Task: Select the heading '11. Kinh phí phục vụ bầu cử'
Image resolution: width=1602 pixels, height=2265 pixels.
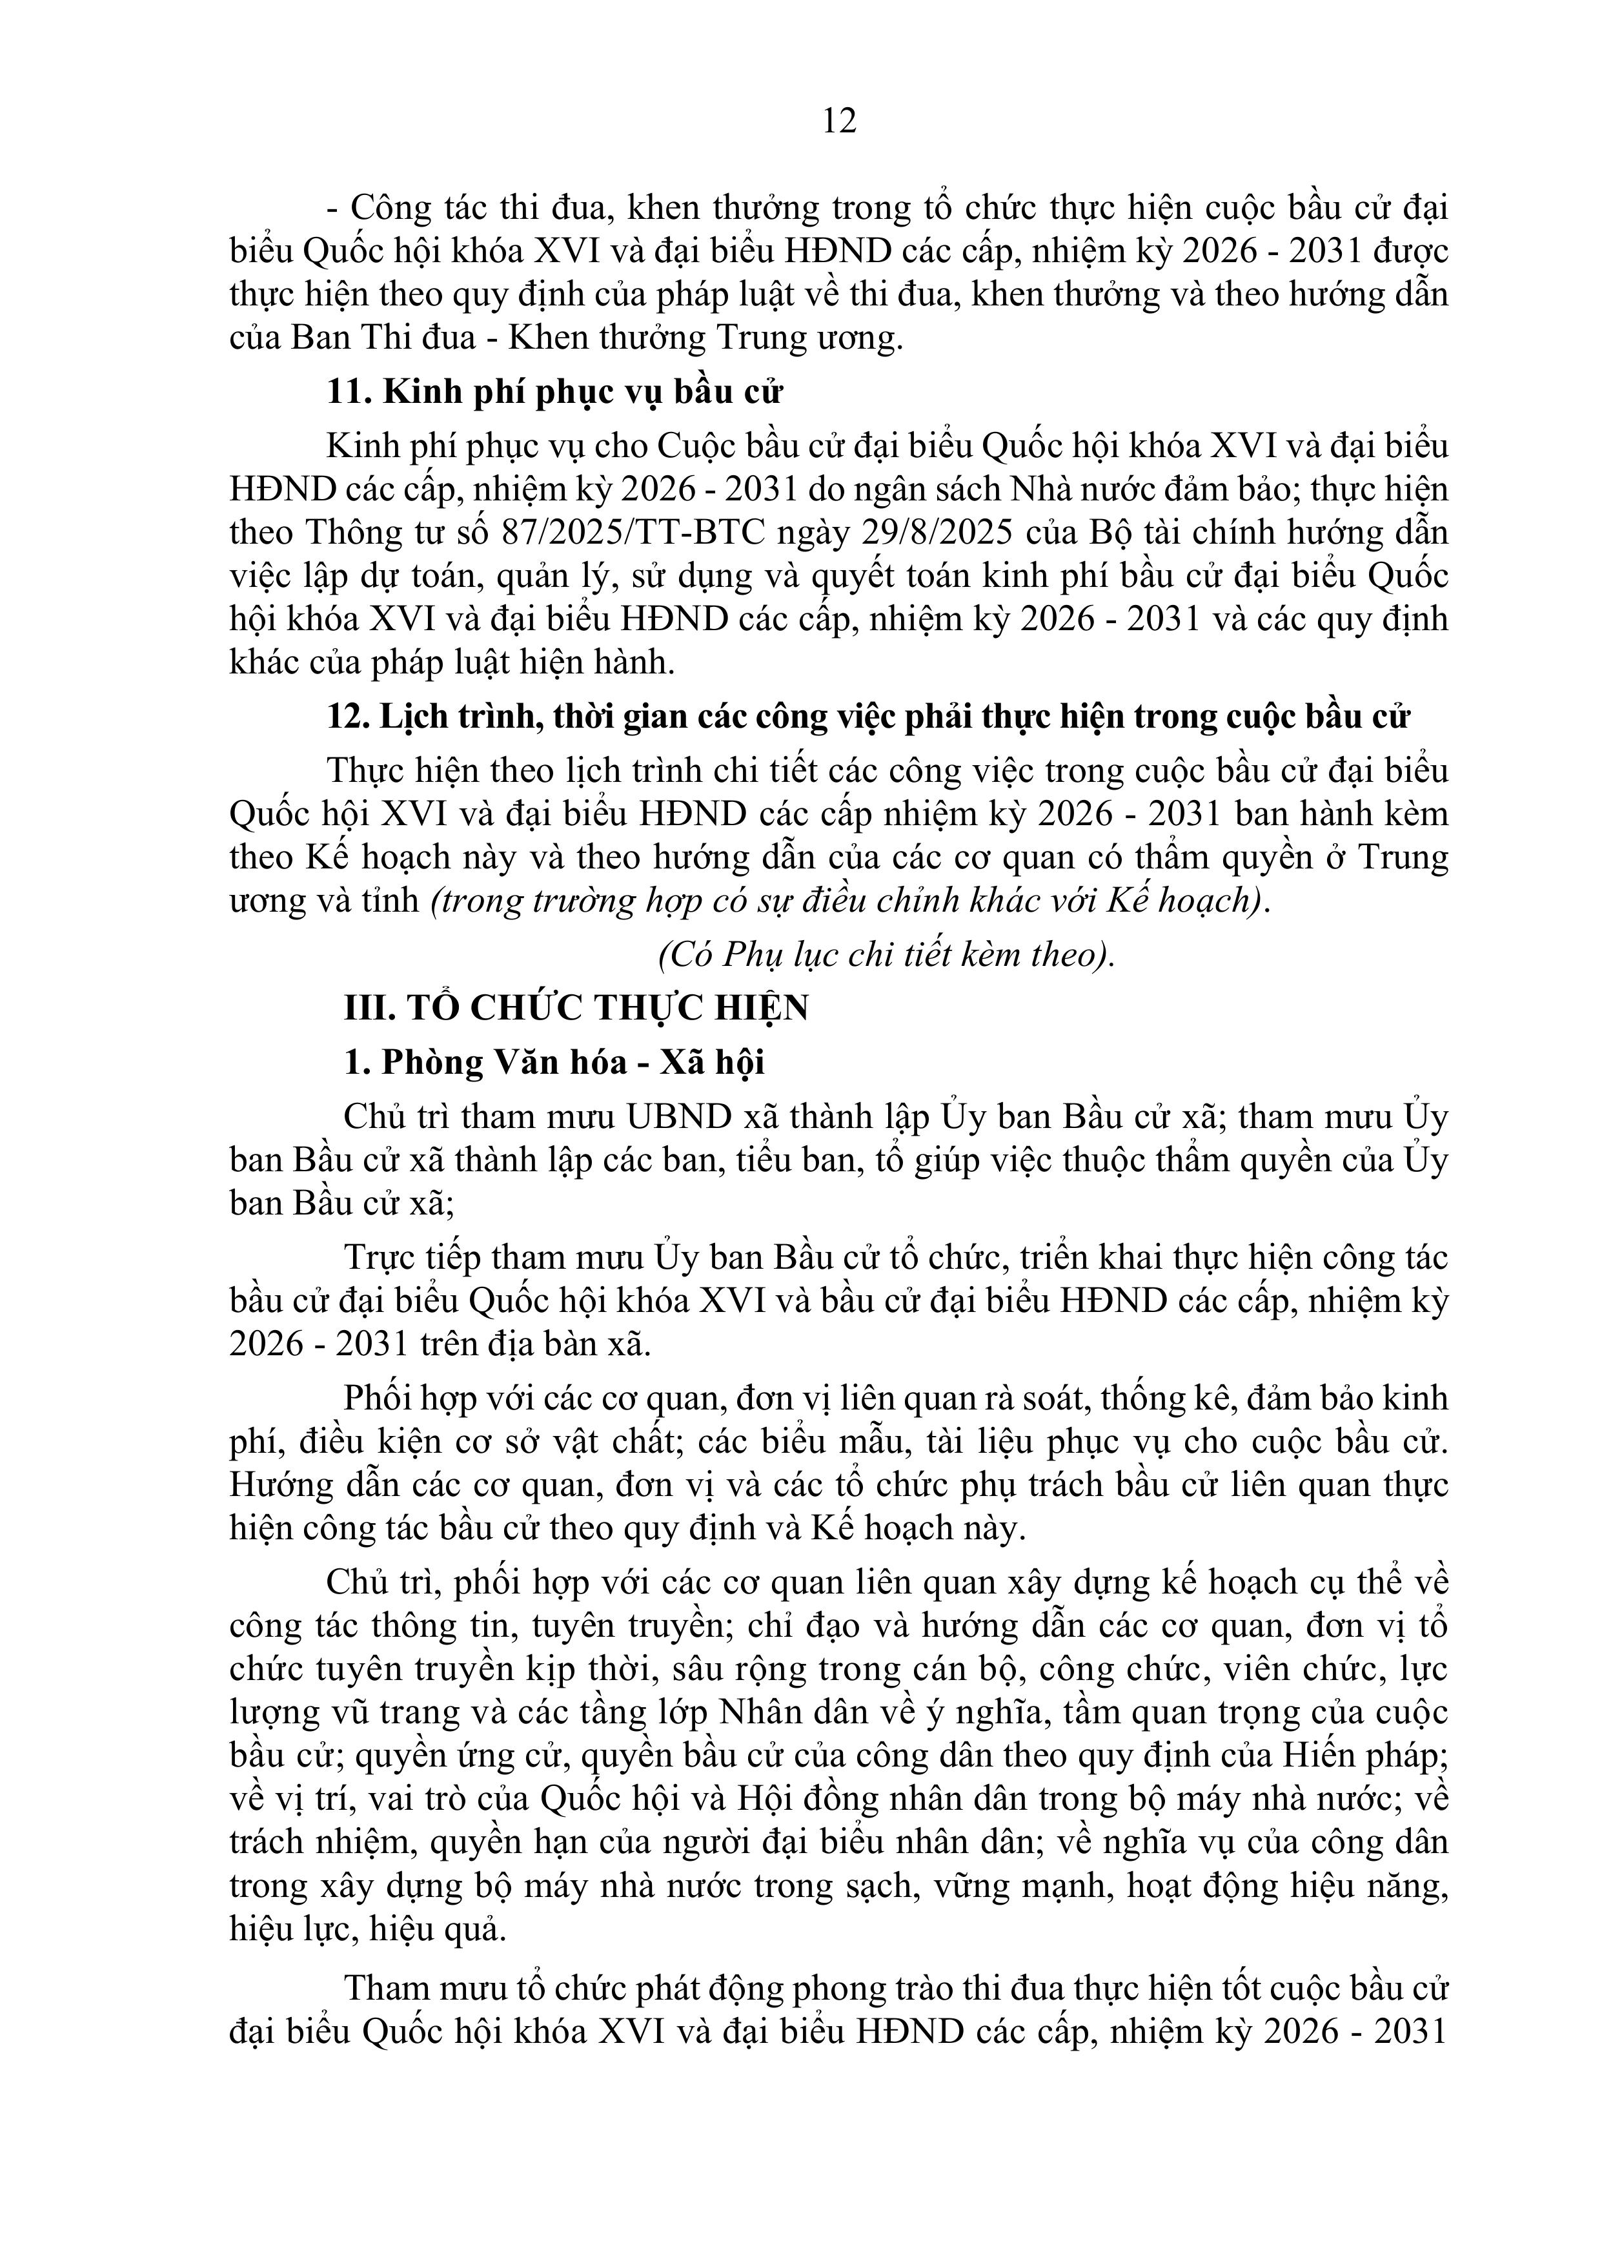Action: [x=554, y=393]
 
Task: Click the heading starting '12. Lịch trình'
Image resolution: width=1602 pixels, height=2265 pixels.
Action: [x=868, y=716]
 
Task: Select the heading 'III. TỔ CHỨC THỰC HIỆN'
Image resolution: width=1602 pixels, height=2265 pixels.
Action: [x=576, y=1008]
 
